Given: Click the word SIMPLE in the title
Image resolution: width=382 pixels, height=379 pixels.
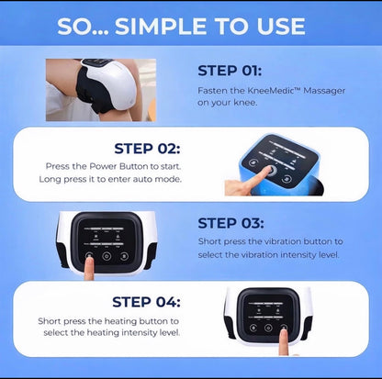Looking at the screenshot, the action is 162,26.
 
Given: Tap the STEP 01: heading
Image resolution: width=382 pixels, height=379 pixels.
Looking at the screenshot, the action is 230,71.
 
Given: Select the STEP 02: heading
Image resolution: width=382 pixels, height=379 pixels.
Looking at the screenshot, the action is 147,149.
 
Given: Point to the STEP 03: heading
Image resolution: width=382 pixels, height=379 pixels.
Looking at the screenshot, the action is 230,223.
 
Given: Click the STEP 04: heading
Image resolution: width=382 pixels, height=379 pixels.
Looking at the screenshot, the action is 146,302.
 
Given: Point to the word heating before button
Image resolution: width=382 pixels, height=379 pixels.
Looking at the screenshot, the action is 120,321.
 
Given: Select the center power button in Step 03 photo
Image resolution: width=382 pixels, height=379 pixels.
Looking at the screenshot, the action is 107,256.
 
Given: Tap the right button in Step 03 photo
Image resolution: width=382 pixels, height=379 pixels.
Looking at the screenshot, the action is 124,256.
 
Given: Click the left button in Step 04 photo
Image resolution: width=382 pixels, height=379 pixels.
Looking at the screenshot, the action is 253,328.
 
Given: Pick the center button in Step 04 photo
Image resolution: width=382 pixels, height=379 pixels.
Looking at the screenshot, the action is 268,328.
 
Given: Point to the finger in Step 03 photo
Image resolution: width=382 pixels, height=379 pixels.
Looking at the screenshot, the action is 89,268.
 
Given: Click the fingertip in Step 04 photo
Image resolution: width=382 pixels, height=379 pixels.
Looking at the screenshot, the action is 285,331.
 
